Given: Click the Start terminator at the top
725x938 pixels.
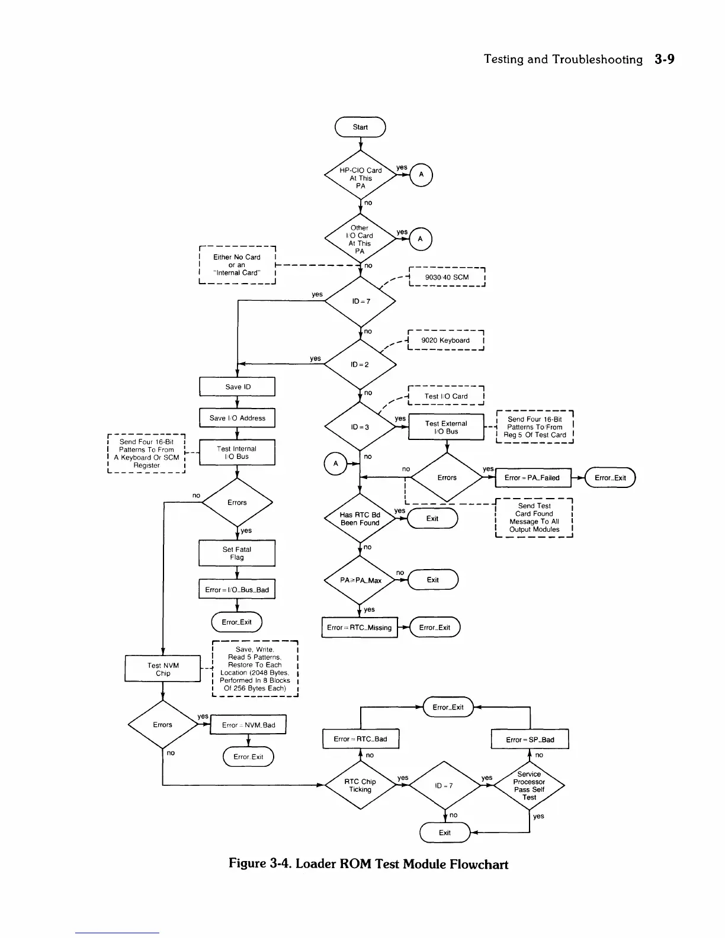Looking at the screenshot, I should pyautogui.click(x=360, y=127).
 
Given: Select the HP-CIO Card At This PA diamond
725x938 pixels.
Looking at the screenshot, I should pyautogui.click(x=360, y=178).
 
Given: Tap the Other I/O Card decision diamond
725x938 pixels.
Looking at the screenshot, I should pyautogui.click(x=360, y=239).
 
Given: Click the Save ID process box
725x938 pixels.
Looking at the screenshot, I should pyautogui.click(x=238, y=387).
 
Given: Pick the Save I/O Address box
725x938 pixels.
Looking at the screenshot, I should pyautogui.click(x=238, y=418).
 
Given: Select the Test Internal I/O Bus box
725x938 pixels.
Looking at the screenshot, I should pyautogui.click(x=238, y=452).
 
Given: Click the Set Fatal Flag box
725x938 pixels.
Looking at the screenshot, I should pyautogui.click(x=237, y=553).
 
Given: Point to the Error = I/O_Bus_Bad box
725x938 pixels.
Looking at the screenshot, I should pyautogui.click(x=237, y=590).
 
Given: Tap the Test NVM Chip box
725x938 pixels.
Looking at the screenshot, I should pyautogui.click(x=163, y=669).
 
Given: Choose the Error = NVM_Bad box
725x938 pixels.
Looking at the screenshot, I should pyautogui.click(x=248, y=725).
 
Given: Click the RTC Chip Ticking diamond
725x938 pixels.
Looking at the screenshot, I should pyautogui.click(x=360, y=785).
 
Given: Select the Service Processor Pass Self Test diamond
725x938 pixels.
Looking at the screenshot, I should pyautogui.click(x=529, y=785).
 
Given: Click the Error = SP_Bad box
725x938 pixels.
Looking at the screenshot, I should pyautogui.click(x=530, y=740).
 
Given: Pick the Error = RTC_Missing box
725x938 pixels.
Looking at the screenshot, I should pyautogui.click(x=360, y=628).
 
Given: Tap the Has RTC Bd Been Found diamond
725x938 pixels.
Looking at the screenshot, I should pyautogui.click(x=360, y=519).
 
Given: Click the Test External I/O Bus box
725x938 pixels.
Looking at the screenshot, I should pyautogui.click(x=446, y=428).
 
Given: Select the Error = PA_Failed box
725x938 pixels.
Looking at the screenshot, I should pyautogui.click(x=532, y=478).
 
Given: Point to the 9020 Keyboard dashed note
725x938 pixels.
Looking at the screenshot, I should pyautogui.click(x=445, y=340).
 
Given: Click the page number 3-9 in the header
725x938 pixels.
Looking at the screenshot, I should pyautogui.click(x=665, y=59).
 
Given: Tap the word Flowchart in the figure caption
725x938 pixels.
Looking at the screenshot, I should pyautogui.click(x=479, y=864).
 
